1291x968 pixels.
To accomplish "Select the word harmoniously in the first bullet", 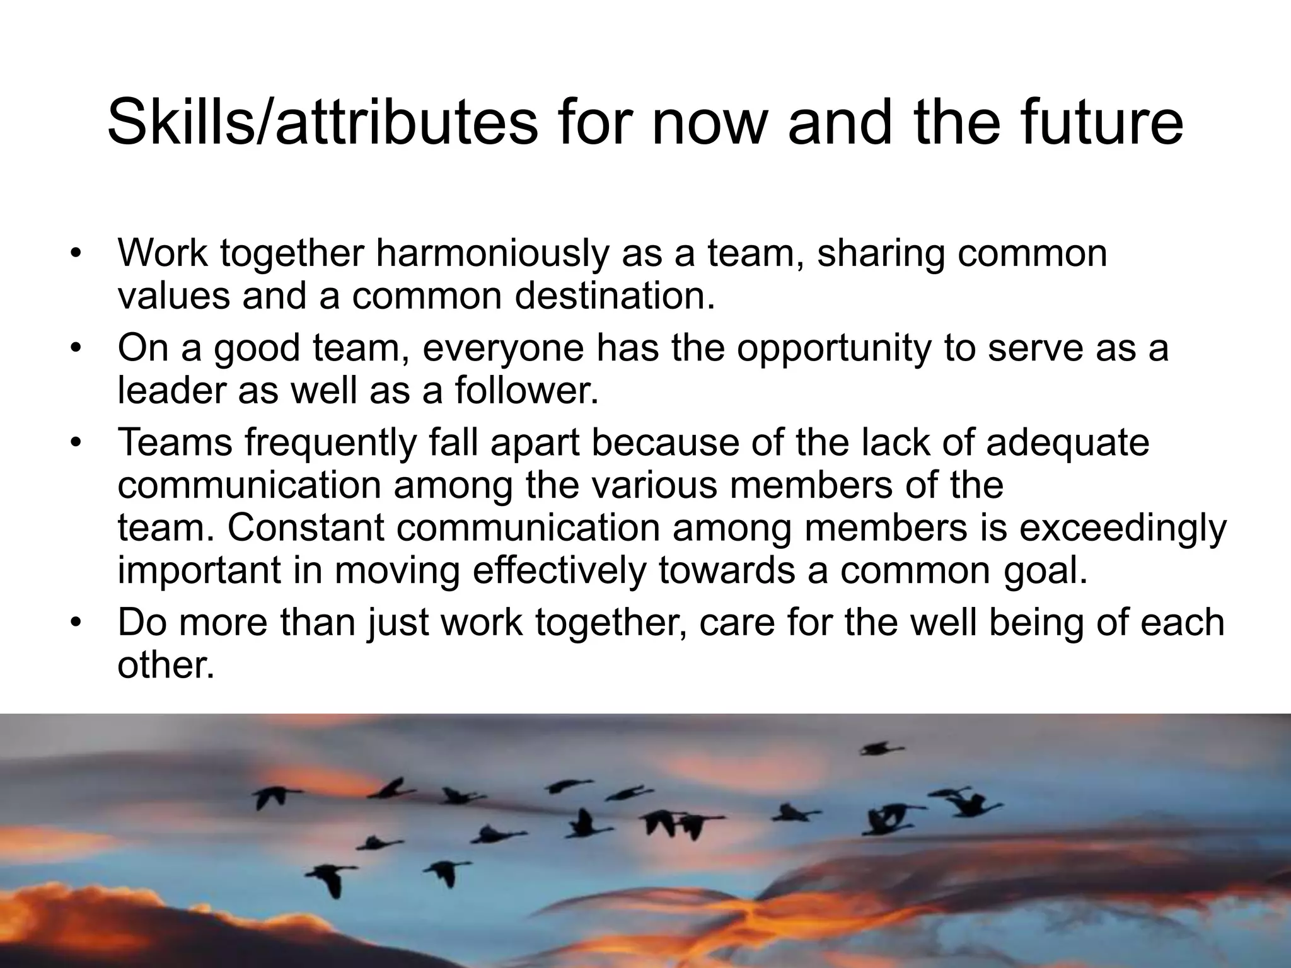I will [492, 253].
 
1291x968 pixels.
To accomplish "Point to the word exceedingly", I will [1123, 528].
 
